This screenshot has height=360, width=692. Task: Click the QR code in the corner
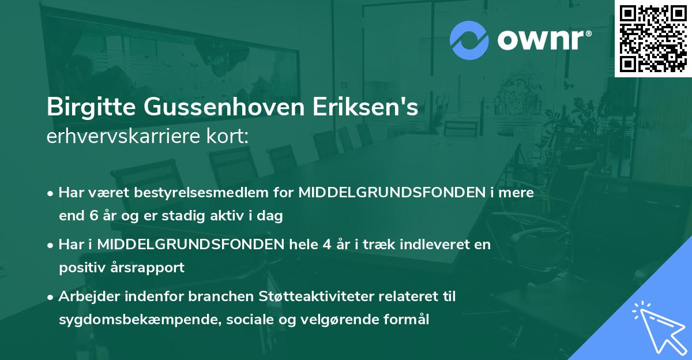(653, 38)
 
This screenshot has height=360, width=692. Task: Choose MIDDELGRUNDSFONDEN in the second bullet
(190, 245)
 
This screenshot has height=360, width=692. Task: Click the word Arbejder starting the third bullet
(87, 297)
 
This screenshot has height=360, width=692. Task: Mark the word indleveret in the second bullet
(439, 245)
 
